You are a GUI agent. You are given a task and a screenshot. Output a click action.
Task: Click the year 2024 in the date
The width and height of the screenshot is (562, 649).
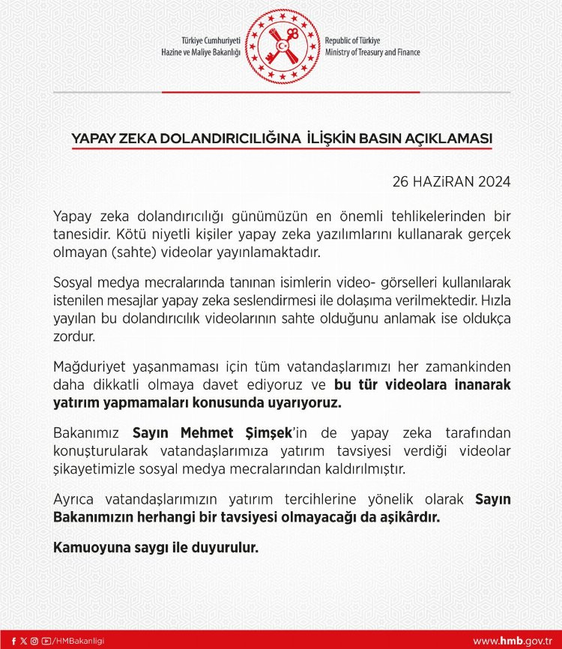(x=492, y=182)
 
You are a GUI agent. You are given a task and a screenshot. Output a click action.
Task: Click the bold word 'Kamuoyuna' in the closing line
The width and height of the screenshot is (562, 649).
(x=88, y=548)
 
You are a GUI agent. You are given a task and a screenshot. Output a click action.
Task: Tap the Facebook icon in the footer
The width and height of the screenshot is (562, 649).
(x=13, y=641)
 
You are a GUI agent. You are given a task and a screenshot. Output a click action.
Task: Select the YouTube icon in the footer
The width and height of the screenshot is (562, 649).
(x=46, y=641)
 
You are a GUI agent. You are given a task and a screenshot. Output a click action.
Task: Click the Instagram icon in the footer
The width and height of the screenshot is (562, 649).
(x=34, y=641)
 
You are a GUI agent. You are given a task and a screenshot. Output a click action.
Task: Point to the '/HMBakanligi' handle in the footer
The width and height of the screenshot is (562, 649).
(x=79, y=641)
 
